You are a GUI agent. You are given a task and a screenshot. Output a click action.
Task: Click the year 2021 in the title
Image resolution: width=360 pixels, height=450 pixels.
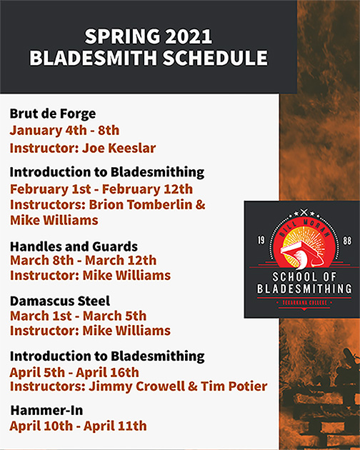click(189, 36)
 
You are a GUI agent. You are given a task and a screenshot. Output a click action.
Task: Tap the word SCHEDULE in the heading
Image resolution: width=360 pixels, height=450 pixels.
click(215, 58)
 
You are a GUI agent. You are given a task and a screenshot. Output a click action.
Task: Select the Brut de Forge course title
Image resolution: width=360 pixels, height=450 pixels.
click(53, 114)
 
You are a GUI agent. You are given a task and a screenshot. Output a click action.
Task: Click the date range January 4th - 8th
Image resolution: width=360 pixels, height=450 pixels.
click(64, 130)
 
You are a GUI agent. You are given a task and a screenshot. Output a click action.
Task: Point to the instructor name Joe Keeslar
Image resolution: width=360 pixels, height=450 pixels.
click(119, 148)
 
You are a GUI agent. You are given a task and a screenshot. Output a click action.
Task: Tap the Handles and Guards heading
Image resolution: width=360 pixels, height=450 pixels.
click(74, 246)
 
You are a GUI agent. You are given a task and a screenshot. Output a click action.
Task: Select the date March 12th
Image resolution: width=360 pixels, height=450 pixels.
click(121, 260)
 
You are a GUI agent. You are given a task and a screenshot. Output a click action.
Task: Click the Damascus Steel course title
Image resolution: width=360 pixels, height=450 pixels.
click(60, 301)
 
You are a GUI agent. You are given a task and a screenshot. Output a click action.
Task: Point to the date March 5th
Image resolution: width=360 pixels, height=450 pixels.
click(114, 316)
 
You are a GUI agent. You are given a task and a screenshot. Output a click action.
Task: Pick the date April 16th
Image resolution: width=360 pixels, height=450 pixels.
click(107, 373)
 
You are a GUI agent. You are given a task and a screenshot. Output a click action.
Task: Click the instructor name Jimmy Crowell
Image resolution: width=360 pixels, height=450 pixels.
click(136, 386)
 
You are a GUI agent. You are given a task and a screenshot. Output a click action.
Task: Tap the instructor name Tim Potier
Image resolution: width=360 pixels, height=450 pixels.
click(234, 386)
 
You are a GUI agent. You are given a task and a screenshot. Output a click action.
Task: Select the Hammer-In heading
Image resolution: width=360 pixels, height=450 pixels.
click(47, 411)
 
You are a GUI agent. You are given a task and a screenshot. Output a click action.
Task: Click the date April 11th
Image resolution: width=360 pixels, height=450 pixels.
click(115, 426)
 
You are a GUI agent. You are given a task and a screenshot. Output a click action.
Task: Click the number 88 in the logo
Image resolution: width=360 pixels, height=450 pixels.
click(347, 241)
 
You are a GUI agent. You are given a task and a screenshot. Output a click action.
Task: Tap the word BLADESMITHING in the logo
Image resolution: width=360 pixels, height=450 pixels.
click(304, 289)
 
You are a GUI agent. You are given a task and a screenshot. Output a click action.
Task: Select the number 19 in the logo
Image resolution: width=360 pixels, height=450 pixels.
click(261, 240)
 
